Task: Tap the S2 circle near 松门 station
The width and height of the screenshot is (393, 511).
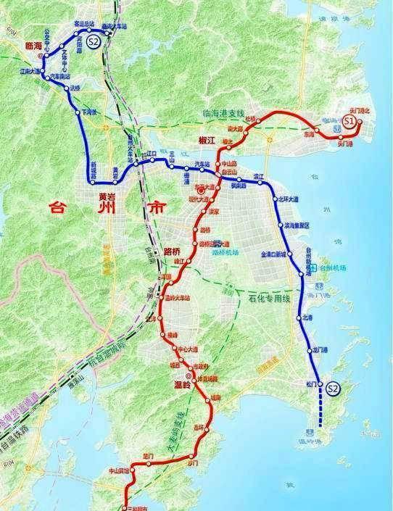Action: click(333, 389)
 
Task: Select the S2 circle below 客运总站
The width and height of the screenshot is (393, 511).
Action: click(93, 42)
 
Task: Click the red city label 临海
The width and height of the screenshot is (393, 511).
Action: click(34, 44)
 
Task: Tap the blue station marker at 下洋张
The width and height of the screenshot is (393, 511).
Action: click(78, 111)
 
